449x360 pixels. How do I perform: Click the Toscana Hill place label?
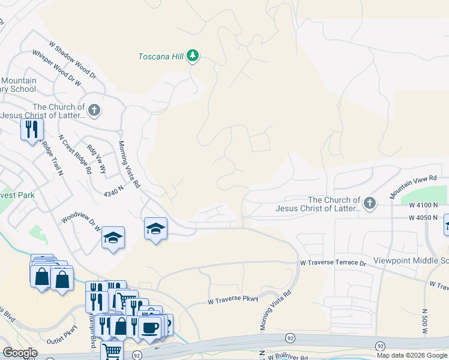160,57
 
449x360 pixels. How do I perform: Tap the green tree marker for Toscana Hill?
193,56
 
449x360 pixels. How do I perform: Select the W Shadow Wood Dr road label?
73,60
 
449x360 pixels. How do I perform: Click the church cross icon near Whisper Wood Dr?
94,110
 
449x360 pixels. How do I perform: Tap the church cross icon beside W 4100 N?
369,203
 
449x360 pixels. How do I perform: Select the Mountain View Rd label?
412,187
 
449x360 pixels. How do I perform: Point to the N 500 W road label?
425,325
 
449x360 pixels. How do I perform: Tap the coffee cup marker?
149,327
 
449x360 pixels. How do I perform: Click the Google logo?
20,353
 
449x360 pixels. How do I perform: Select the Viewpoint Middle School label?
411,261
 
